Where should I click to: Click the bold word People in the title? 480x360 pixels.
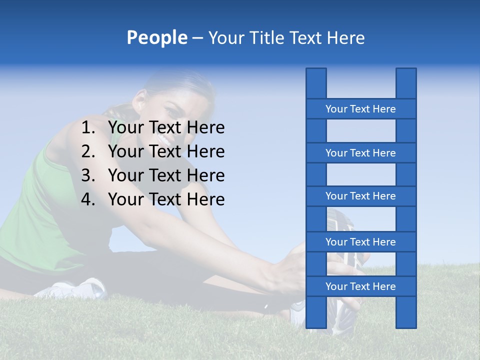[x=156, y=38]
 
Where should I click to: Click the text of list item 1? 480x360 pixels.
[x=166, y=128]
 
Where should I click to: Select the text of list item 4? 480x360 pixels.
[x=166, y=199]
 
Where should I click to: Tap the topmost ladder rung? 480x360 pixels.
[x=360, y=109]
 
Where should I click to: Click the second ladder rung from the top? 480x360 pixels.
[x=360, y=153]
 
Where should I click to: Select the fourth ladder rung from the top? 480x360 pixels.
[x=360, y=242]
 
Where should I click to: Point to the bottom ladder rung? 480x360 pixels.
[x=360, y=286]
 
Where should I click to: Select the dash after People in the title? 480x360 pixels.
[x=197, y=38]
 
